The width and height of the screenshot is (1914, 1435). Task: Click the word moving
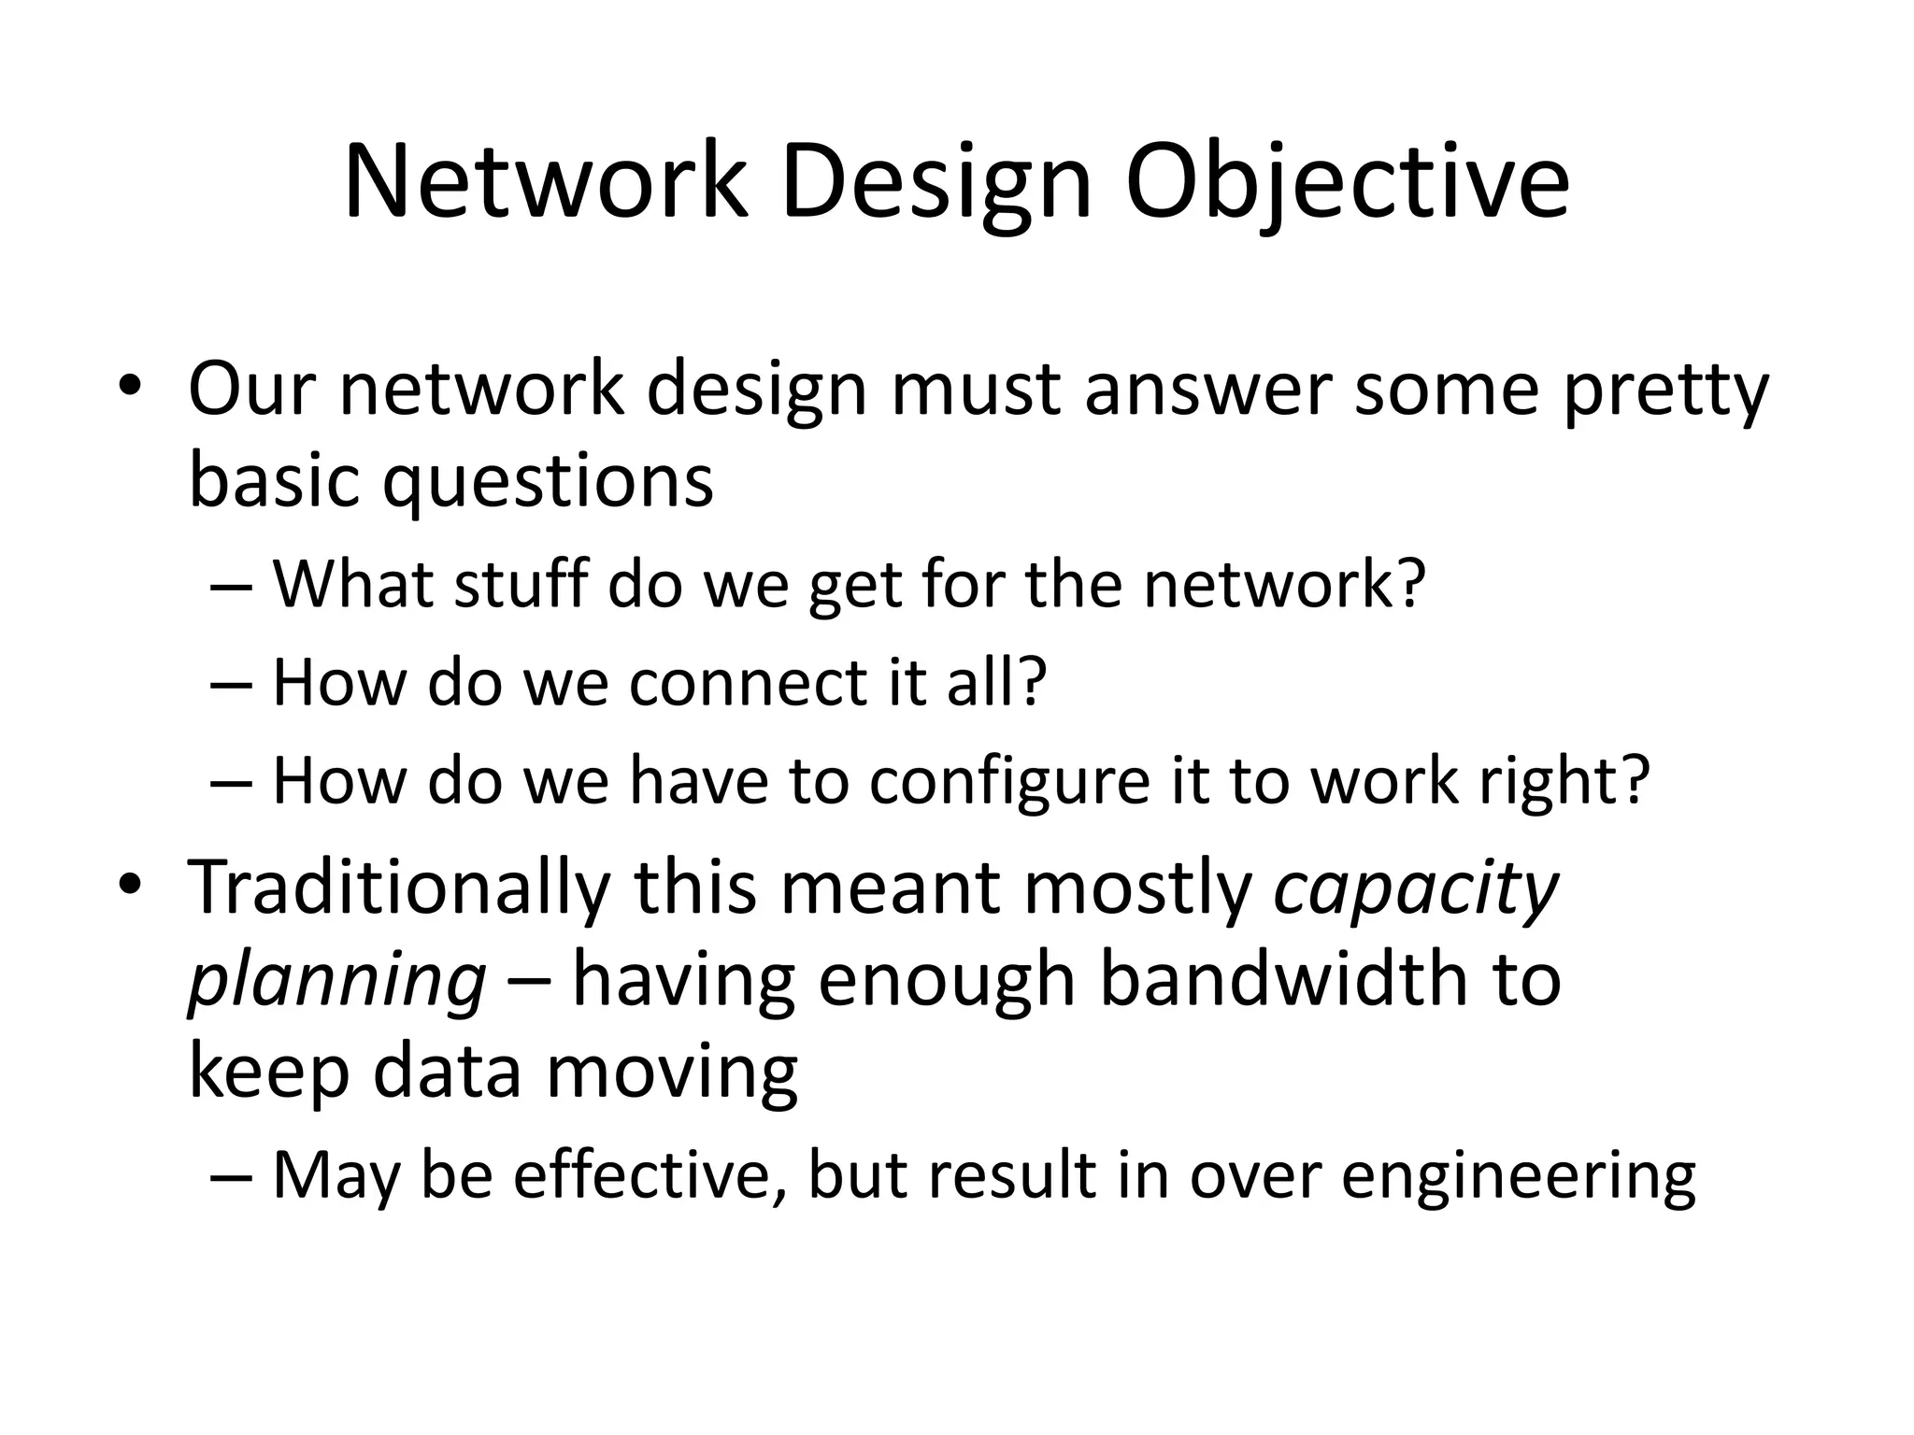tap(671, 1073)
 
